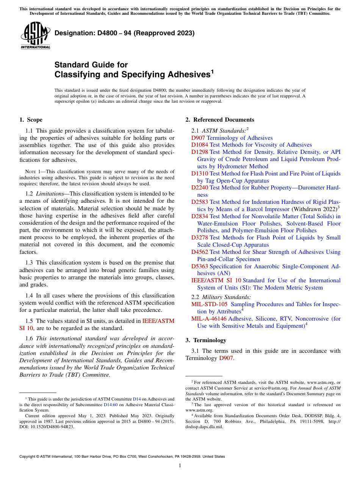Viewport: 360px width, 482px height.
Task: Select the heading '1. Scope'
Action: click(x=31, y=120)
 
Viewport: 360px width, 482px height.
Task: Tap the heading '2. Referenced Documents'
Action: click(x=220, y=120)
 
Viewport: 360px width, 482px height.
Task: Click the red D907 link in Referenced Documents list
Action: click(x=198, y=138)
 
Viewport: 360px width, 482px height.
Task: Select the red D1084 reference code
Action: click(x=200, y=145)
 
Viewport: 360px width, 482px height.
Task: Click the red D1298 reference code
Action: click(x=200, y=152)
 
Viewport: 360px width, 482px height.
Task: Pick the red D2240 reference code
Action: click(x=200, y=188)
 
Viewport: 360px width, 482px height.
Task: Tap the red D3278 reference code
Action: click(x=200, y=238)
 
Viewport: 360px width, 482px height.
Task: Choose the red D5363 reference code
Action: click(x=200, y=266)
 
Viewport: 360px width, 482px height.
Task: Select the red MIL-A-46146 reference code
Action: click(x=209, y=319)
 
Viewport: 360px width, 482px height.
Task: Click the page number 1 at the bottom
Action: click(x=180, y=465)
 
